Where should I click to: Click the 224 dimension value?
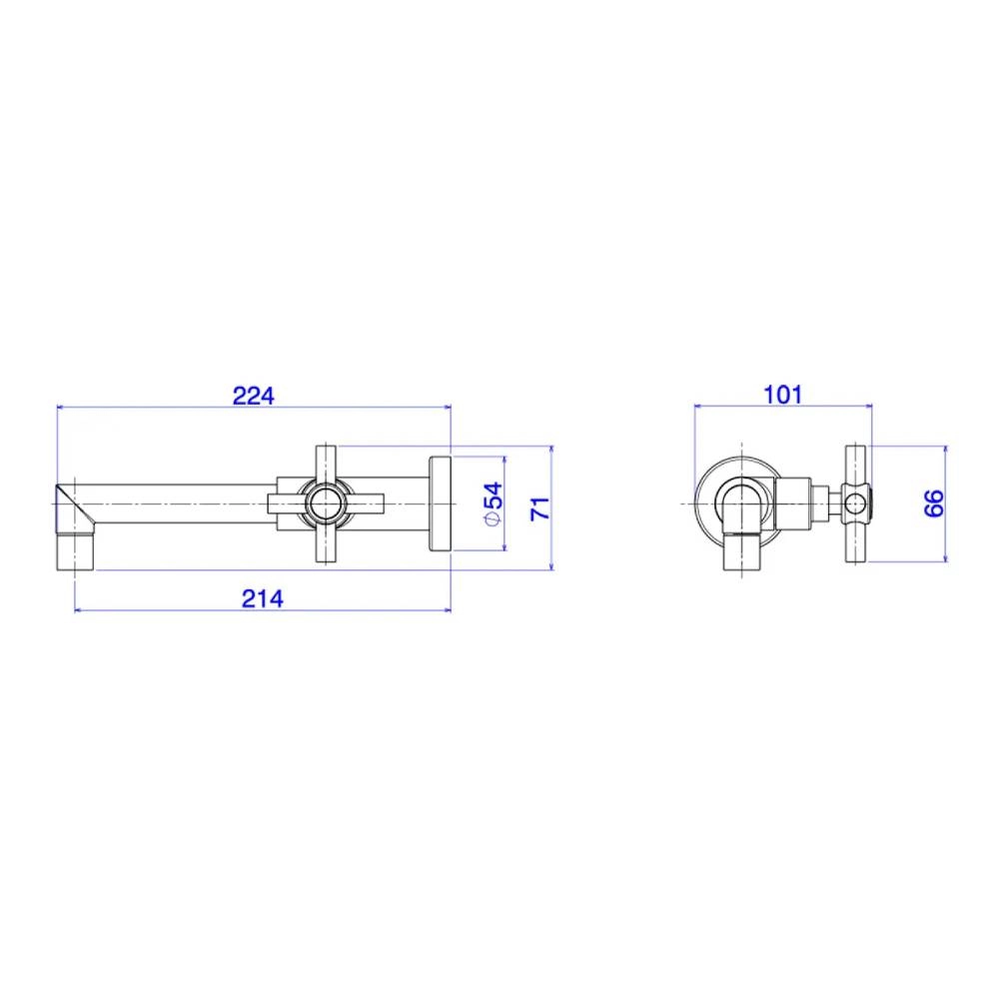pos(253,396)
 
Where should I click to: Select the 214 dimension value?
pos(263,598)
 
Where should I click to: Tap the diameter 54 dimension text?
pos(494,503)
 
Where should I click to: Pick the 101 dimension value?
pos(782,395)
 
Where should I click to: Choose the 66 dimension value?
pos(933,503)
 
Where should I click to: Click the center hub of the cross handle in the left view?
pos(326,503)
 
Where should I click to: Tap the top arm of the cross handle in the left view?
pos(326,464)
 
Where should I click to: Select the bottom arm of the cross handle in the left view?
pos(326,543)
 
